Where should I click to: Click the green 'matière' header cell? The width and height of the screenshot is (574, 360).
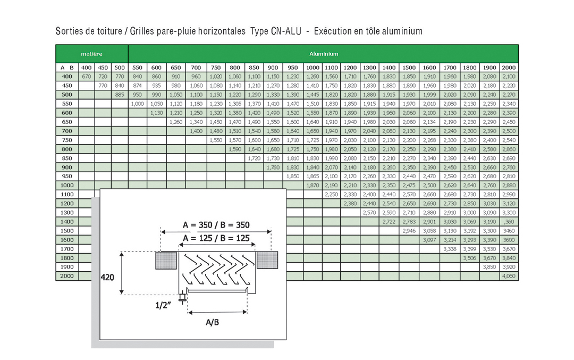pos(92,54)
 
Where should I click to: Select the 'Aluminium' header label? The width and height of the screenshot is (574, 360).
pos(324,54)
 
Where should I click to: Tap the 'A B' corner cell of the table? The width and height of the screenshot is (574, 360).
pos(67,68)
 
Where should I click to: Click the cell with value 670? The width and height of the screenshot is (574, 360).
pos(87,77)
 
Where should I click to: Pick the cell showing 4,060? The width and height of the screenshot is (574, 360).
pos(509,276)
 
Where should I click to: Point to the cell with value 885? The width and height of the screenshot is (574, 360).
pos(120,95)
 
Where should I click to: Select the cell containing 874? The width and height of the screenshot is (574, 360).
pos(137,86)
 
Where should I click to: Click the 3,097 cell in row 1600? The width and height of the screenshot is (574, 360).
pos(429,240)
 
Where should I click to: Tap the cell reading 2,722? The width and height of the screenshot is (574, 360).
pos(389,222)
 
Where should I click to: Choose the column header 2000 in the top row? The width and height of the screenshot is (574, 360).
pos(509,68)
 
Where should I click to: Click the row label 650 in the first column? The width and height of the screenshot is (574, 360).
pos(67,122)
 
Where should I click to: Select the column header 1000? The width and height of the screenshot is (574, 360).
pos(313,68)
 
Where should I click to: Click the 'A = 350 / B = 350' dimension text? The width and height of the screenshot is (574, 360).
pos(216,224)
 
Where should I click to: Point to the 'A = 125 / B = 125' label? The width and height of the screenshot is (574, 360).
pos(216,238)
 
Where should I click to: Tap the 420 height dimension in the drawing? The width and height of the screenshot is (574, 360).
pos(107,277)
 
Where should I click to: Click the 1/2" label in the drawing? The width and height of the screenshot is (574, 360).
pos(163,305)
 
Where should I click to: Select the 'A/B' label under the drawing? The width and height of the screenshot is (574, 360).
pos(212,322)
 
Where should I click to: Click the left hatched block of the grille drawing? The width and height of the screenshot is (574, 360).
pos(166,261)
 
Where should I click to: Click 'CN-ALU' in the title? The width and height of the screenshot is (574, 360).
pos(286,31)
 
